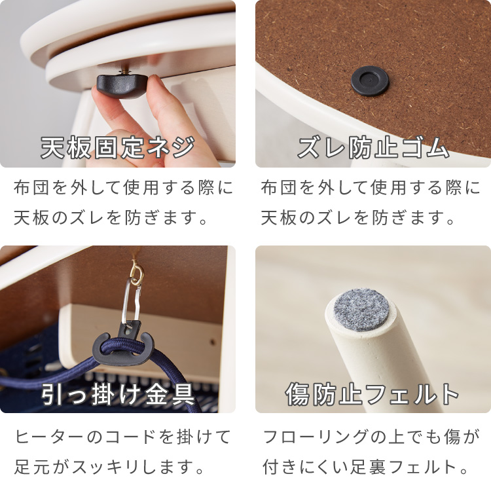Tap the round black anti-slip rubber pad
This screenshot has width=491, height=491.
coord(370,81)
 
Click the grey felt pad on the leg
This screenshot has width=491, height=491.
coord(361,308)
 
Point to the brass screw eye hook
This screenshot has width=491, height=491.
coord(137,273)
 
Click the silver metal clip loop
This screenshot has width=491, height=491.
coord(132,300)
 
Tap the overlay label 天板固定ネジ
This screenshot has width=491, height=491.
coord(118,147)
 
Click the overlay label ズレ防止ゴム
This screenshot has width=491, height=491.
coord(373,147)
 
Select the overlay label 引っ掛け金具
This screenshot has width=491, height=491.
coord(118,394)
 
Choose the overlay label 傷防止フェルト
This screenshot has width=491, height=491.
coord(373,394)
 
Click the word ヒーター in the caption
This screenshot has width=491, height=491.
coord(50,437)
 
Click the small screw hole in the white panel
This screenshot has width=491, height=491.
coord(213,342)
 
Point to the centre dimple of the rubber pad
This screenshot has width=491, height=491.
coord(370,80)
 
